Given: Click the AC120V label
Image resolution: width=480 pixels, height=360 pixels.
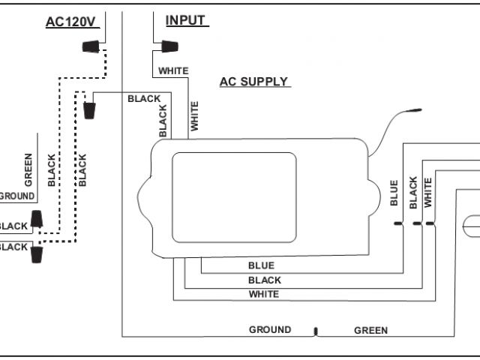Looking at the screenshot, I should pos(70,22).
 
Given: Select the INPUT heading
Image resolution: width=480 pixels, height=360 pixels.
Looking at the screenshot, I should pos(185,20).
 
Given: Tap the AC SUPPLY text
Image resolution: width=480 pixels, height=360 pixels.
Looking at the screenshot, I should pos(253,82).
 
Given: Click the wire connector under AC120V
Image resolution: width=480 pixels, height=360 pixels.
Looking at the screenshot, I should pos(89,46).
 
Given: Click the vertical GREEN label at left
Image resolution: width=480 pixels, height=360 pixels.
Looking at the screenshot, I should pos(28,170).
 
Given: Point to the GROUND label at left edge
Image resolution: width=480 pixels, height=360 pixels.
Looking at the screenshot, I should pos(16,196).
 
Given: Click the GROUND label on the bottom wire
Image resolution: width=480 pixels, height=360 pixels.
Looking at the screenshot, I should pos(270,330).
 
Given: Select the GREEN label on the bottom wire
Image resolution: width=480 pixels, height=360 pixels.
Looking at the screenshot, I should pos(370,330).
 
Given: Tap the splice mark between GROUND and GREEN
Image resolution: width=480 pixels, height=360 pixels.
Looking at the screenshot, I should pos(316,330).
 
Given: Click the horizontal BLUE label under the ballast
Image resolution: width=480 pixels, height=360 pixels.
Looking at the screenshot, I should pos(261,265).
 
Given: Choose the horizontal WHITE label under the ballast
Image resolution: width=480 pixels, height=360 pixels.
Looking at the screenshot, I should pos(263,294).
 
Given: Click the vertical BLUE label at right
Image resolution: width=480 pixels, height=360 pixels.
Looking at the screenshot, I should pos(394,193).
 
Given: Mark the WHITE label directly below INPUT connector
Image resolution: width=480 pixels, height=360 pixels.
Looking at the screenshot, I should pos(172,71).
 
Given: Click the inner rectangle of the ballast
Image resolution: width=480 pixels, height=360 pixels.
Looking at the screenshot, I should pos(234,197).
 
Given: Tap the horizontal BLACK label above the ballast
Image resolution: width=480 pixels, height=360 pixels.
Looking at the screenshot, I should pos(144,98).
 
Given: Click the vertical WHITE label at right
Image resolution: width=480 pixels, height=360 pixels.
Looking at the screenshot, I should pos(428,193).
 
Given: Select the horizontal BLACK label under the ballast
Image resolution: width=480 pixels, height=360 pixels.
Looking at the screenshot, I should pos(264,280).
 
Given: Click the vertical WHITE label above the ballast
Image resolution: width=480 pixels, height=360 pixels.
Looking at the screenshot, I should pos(195,117).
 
